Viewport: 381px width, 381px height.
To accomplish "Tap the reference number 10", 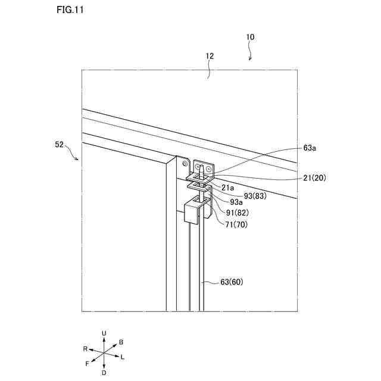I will (x=250, y=37).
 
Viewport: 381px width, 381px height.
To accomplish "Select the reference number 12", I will (x=210, y=56).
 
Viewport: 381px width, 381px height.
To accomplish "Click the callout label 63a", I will (x=309, y=148).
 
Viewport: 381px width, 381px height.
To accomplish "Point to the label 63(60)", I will (x=232, y=282).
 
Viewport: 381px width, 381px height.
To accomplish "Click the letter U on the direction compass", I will (x=104, y=333).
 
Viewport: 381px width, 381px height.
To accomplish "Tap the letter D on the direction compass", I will (x=104, y=373).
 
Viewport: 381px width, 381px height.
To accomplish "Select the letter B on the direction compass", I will (x=121, y=342).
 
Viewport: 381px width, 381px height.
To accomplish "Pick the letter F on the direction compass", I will (x=88, y=363).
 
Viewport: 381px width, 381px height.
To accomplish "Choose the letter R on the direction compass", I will (x=85, y=348).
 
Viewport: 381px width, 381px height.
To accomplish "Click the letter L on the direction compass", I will (x=123, y=357).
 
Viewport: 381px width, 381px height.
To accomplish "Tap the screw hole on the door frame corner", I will (x=182, y=161).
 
